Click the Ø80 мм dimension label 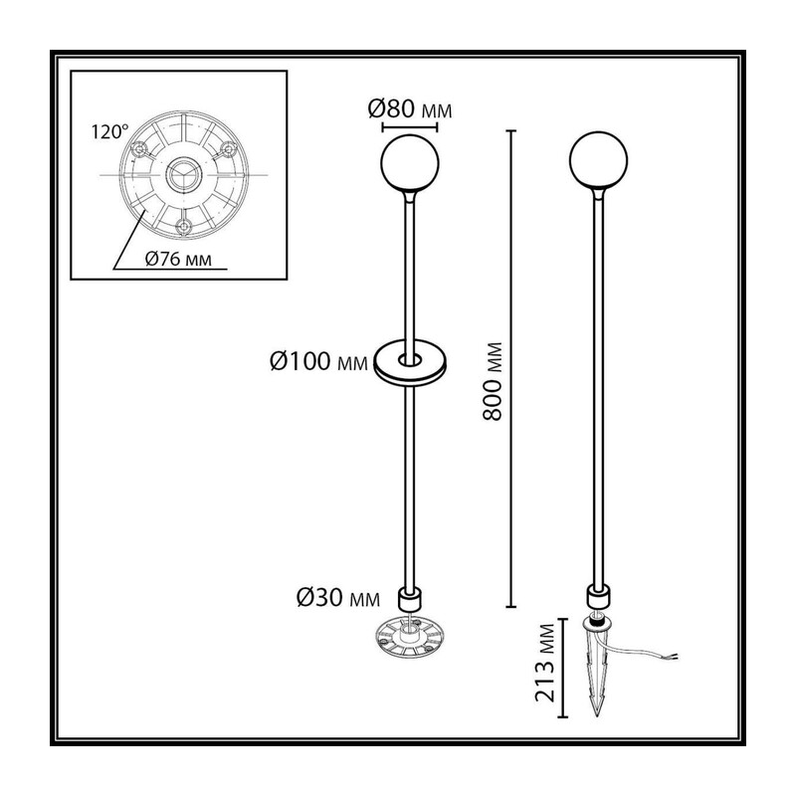[x=410, y=109]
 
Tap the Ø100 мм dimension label [x=318, y=361]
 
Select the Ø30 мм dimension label [x=338, y=598]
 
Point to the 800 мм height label [x=493, y=381]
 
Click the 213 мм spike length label [x=545, y=663]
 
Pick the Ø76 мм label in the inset [x=178, y=259]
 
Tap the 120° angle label [x=109, y=132]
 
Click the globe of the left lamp [x=410, y=163]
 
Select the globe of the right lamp [x=599, y=160]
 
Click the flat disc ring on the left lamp [x=410, y=373]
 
